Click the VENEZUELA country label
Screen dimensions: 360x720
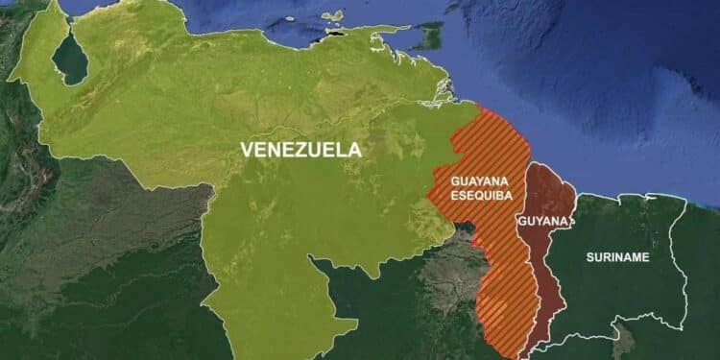tap(300, 150)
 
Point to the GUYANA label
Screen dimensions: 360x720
tap(543, 221)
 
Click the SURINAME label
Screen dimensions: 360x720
tap(617, 257)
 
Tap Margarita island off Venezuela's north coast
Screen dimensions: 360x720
tap(332, 16)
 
